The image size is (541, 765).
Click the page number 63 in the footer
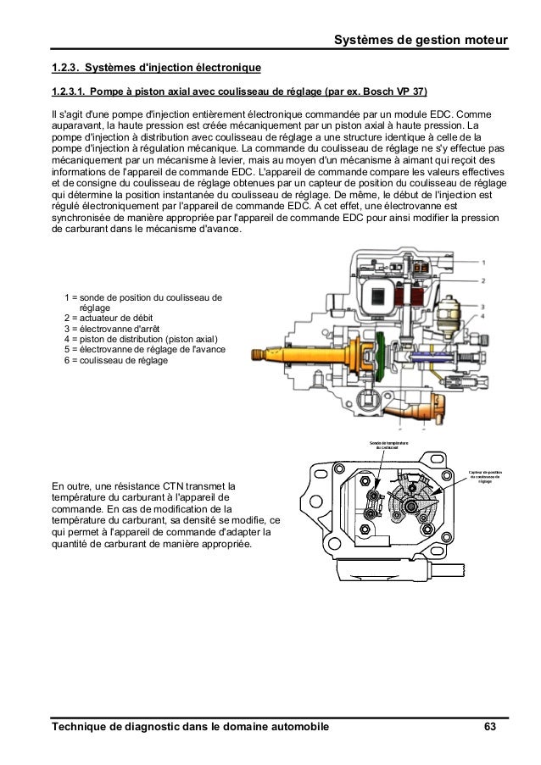point(490,728)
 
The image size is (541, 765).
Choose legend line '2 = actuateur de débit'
point(111,319)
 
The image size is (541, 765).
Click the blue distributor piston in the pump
point(421,358)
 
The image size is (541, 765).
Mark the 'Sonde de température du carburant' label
point(388,445)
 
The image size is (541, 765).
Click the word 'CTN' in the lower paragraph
point(169,485)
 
